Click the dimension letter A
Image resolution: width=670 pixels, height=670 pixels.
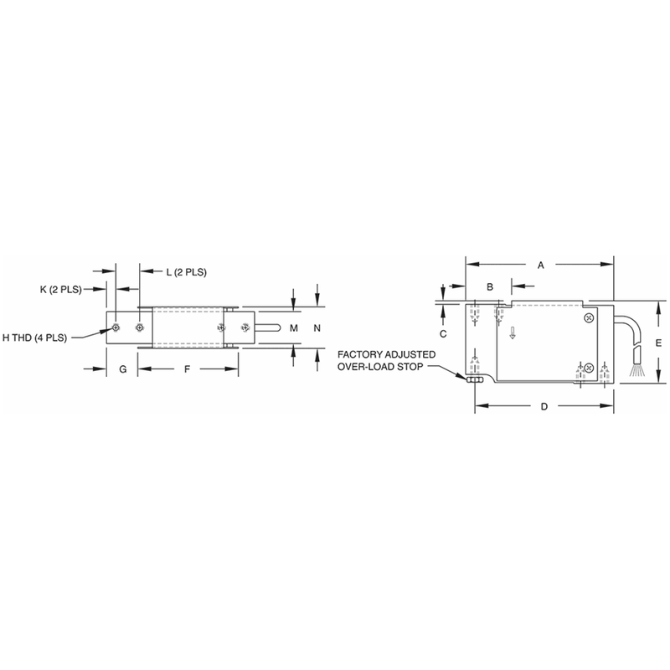point(541,265)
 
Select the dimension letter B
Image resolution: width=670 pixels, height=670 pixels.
point(489,286)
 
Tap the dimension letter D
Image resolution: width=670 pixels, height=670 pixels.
point(544,407)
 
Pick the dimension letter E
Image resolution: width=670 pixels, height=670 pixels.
point(659,343)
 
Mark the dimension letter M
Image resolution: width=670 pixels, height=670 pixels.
point(293,328)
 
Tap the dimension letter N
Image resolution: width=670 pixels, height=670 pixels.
point(317,328)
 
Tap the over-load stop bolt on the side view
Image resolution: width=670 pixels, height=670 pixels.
point(473,379)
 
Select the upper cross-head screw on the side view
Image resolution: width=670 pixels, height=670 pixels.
point(590,317)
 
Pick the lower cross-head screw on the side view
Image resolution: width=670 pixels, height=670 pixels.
point(588,368)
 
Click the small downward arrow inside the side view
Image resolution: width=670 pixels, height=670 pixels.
point(513,336)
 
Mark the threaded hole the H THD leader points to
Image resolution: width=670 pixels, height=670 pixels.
point(115,327)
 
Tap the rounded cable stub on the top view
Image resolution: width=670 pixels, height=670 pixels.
point(267,327)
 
